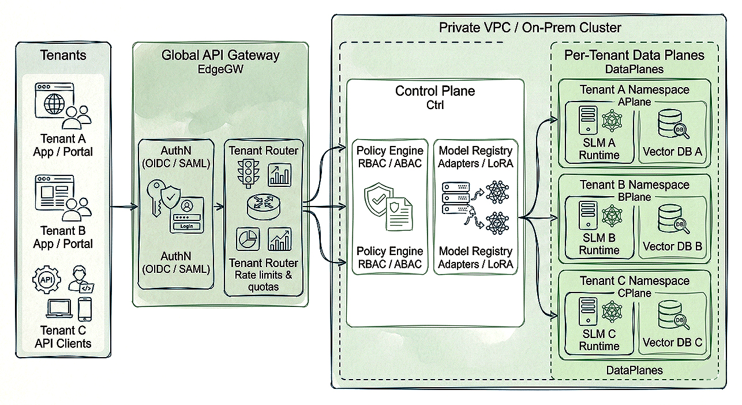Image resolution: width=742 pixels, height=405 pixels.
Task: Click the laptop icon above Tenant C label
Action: [58, 309]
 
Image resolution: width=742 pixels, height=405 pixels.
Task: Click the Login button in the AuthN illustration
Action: [186, 226]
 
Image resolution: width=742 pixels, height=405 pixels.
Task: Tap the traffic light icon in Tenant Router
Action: [248, 172]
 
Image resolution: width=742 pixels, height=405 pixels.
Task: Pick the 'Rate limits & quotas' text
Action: [263, 280]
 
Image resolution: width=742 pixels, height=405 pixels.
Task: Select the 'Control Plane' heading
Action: [434, 91]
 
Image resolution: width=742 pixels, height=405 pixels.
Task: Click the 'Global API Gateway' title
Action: [220, 55]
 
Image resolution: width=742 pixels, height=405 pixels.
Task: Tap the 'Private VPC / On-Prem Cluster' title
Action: [530, 27]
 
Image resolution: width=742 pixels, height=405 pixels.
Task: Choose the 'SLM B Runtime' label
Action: [599, 244]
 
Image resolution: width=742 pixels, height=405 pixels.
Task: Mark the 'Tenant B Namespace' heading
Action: [634, 185]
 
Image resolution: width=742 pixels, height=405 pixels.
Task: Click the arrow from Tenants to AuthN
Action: [124, 207]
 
